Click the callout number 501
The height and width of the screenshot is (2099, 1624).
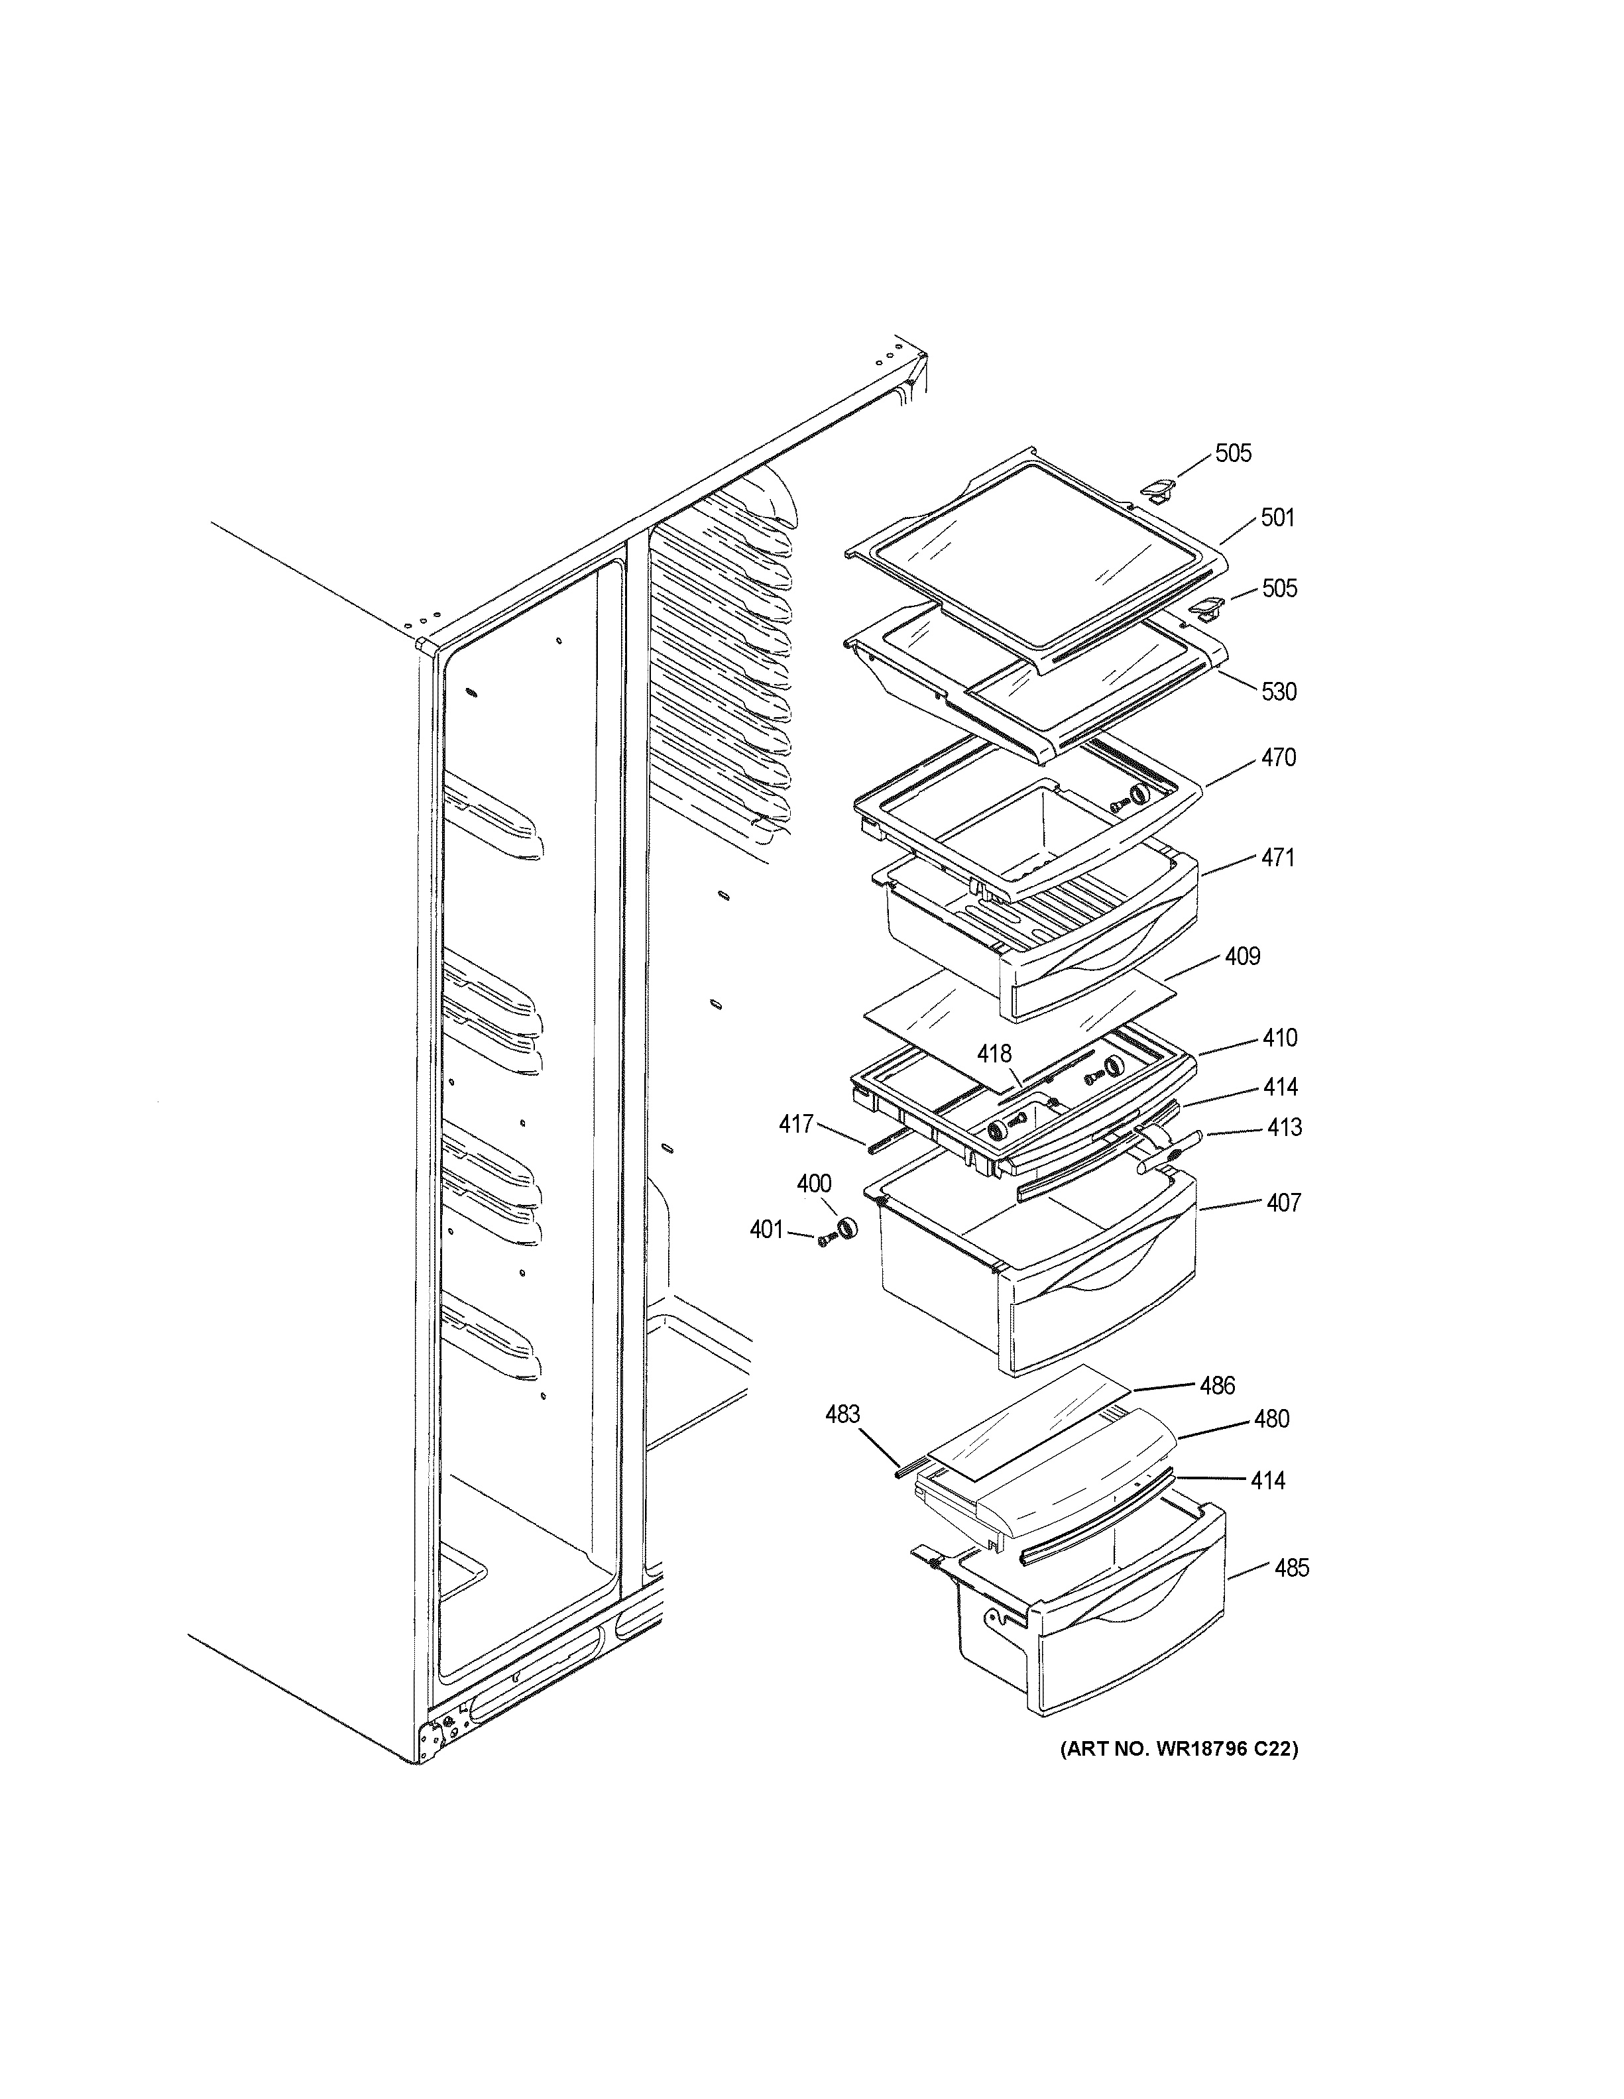click(x=1277, y=518)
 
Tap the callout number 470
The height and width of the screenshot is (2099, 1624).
click(x=1278, y=758)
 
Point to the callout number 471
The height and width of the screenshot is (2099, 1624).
click(x=1277, y=857)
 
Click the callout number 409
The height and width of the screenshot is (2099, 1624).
click(x=1242, y=956)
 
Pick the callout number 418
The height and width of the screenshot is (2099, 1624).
click(x=994, y=1054)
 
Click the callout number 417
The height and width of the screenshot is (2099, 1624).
click(x=795, y=1123)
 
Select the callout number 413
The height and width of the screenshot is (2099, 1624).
click(x=1284, y=1127)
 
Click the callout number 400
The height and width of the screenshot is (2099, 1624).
click(x=814, y=1183)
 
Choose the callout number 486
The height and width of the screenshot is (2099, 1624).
click(x=1216, y=1385)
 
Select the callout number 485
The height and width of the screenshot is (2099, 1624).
click(x=1291, y=1567)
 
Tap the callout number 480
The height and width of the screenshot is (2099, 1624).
click(x=1271, y=1418)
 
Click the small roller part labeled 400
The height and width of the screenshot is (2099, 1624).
click(x=846, y=1228)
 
